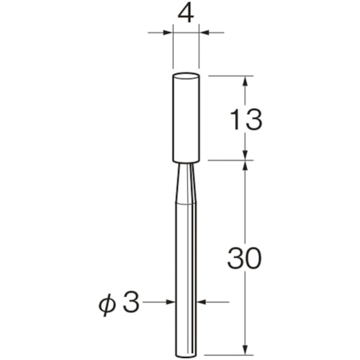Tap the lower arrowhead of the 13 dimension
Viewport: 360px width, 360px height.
coord(246,155)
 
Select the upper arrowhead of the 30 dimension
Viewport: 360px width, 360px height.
coord(246,167)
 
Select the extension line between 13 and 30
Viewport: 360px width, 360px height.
coord(230,161)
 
